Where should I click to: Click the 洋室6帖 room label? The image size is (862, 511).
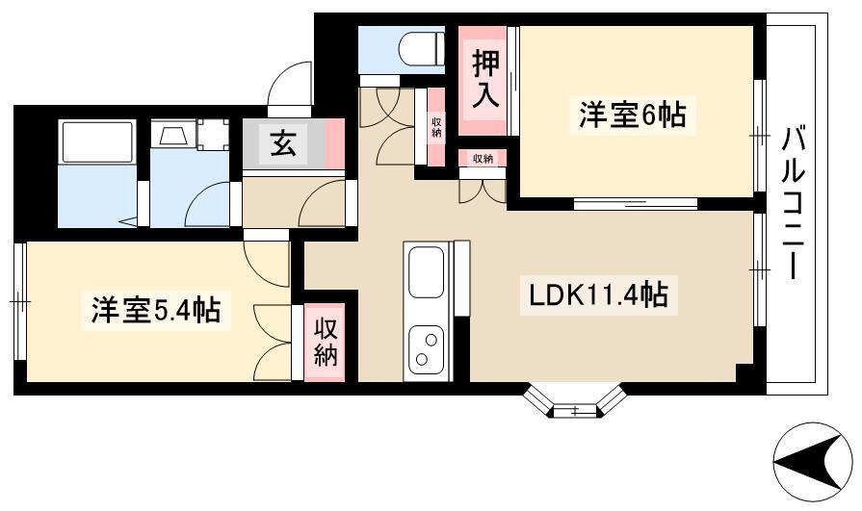click(632, 115)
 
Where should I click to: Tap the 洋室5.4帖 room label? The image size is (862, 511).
click(156, 311)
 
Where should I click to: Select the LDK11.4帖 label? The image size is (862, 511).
click(598, 295)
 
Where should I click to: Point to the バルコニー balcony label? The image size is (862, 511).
click(793, 203)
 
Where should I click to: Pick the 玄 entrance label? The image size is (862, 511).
click(283, 145)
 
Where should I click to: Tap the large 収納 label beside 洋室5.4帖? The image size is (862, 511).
click(326, 343)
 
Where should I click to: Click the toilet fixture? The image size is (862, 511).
click(423, 48)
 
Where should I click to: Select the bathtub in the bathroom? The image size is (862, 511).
click(98, 141)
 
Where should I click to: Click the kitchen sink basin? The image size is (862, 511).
click(427, 272)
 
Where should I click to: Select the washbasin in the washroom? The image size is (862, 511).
click(173, 134)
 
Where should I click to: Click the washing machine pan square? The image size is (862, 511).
click(213, 134)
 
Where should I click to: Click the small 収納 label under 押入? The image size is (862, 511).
click(483, 159)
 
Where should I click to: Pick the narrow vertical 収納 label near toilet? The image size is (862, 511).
click(436, 126)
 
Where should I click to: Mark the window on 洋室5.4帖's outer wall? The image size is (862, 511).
click(20, 301)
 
